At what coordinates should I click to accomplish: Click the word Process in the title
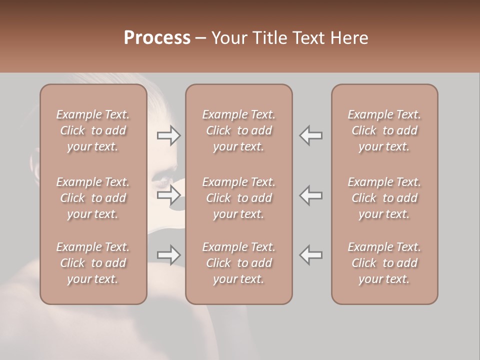pos(157,38)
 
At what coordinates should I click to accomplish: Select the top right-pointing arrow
pos(168,135)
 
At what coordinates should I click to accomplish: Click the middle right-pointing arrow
pos(168,195)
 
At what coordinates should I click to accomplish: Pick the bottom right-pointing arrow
pos(168,255)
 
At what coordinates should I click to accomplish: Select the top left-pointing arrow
pos(311,135)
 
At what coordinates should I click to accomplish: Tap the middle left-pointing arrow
pos(311,195)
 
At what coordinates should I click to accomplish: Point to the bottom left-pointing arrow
pos(311,255)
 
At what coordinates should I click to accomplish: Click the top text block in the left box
pos(93,130)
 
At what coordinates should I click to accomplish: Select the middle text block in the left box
pos(93,198)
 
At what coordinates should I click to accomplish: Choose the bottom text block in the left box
pos(93,263)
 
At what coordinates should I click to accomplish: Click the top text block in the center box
pos(239,130)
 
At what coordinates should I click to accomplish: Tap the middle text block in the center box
pos(239,198)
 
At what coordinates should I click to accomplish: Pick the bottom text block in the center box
pos(239,263)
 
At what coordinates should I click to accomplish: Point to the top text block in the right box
pos(384,130)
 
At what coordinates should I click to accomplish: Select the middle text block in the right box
pos(384,198)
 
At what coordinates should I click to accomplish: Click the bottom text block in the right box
pos(384,263)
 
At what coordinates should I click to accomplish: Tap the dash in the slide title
pos(201,38)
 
